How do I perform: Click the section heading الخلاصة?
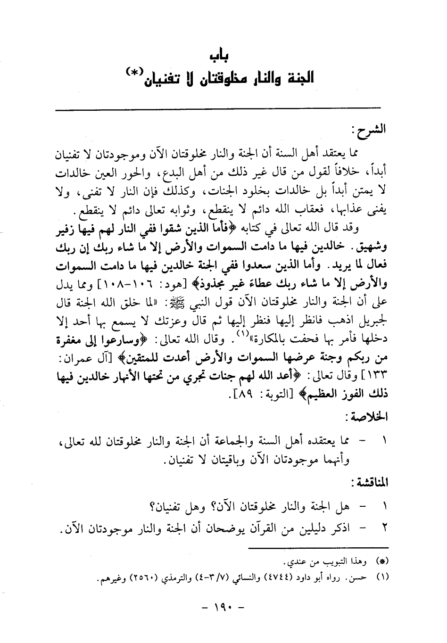click(x=371, y=417)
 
